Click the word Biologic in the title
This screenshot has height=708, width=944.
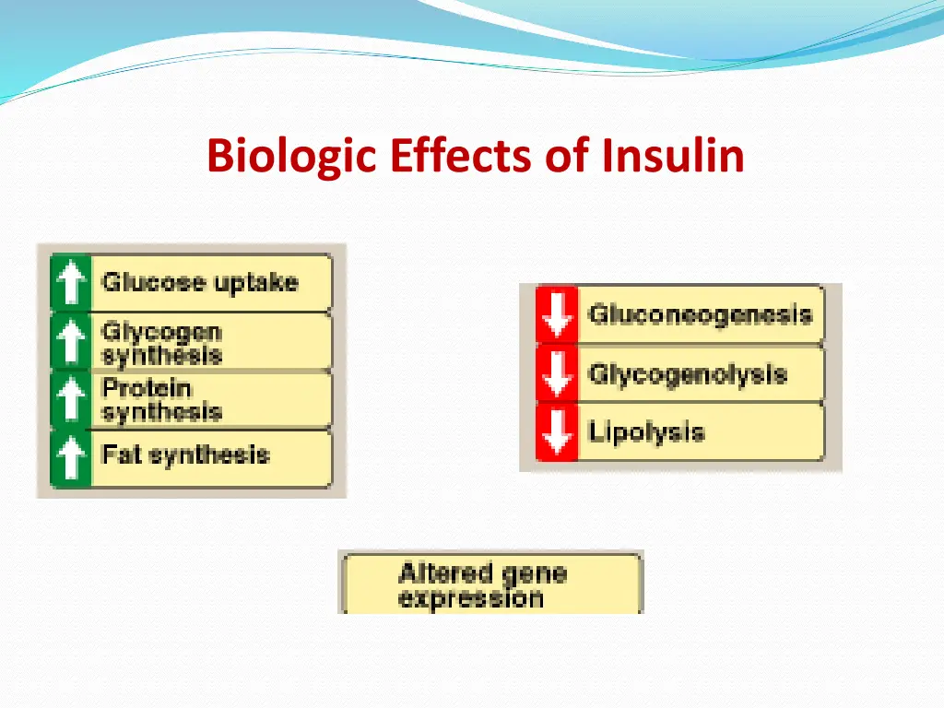pos(292,155)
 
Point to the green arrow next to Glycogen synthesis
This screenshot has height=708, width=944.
pos(71,342)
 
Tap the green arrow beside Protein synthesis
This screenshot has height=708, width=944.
pos(71,400)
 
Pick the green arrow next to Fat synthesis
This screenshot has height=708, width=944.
pos(71,457)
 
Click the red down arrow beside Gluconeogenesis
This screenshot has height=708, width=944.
pos(557,315)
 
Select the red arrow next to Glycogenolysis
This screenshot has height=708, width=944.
pos(557,373)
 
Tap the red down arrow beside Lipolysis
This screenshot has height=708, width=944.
pos(557,431)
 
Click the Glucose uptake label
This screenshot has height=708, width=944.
pos(200,282)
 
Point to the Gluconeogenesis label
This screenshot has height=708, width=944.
pos(701,314)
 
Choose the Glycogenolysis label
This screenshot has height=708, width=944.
pos(688,374)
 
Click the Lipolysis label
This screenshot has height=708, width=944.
pos(646,431)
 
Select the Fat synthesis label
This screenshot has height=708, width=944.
pos(185,454)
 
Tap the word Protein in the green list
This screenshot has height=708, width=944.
pos(146,388)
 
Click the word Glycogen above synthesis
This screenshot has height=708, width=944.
pos(161,332)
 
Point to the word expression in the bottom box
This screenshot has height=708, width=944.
pos(471,598)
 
